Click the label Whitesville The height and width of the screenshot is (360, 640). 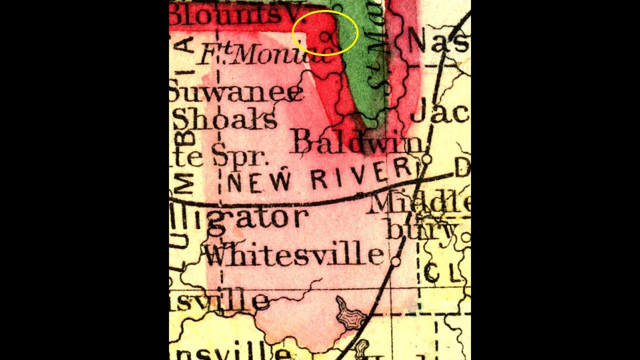294,254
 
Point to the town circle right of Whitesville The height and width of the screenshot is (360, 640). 395,260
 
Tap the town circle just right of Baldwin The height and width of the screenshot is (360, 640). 426,159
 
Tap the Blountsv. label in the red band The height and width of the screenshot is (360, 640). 230,15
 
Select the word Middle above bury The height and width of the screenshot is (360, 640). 420,204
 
